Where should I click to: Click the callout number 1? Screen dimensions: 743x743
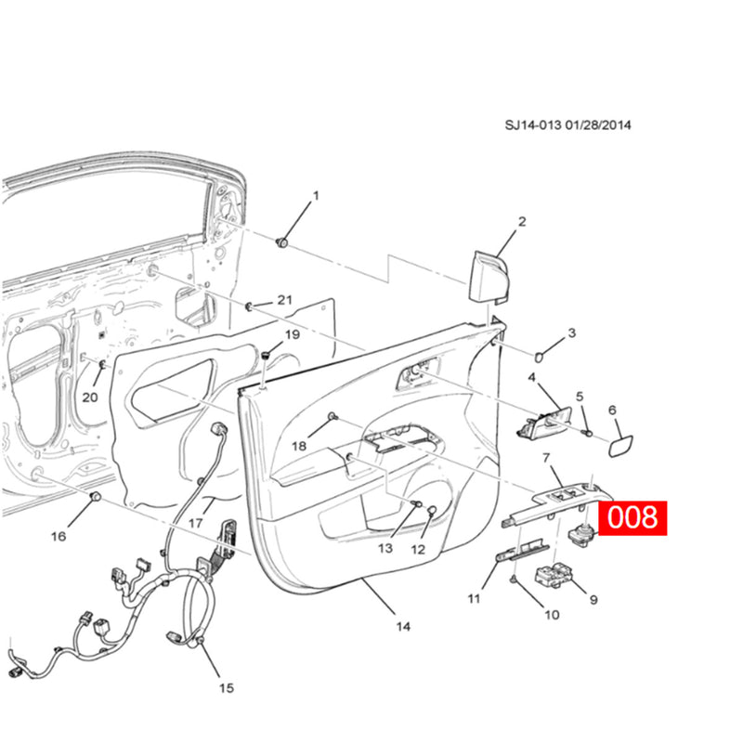(x=315, y=196)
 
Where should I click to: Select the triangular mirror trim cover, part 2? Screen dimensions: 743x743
(x=490, y=276)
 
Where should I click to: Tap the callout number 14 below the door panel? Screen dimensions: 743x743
(x=403, y=626)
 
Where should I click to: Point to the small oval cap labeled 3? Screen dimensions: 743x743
(x=543, y=354)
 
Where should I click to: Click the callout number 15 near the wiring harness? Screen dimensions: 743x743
(x=227, y=688)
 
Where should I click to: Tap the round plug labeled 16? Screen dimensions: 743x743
(x=94, y=501)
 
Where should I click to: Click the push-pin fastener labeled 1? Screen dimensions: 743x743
(x=282, y=242)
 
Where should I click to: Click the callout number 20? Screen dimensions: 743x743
(x=89, y=398)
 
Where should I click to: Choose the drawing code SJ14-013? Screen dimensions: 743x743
(x=536, y=125)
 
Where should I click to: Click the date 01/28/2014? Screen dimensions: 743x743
(x=601, y=125)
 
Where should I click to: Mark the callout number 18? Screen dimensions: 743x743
(x=299, y=446)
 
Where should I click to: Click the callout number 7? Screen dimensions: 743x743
(x=546, y=457)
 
